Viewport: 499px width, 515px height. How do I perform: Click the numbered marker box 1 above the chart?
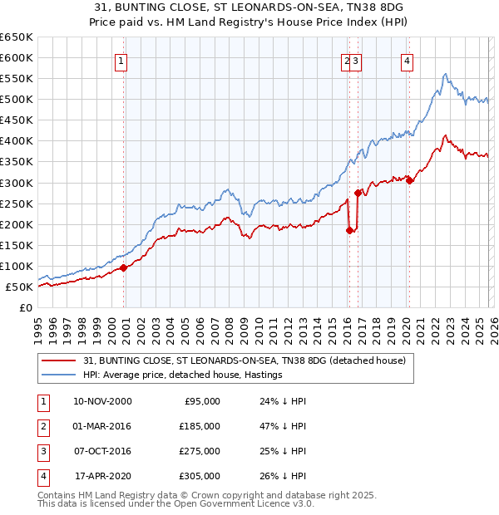pyautogui.click(x=121, y=60)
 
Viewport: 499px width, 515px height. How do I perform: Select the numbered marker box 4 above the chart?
pyautogui.click(x=407, y=60)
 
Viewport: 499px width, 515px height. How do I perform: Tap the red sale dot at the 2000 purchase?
pyautogui.click(x=124, y=267)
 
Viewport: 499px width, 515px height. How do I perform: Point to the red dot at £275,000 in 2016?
pyautogui.click(x=358, y=193)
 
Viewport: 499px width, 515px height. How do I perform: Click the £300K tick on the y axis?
pyautogui.click(x=17, y=183)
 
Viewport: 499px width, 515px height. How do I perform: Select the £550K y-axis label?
pyautogui.click(x=17, y=79)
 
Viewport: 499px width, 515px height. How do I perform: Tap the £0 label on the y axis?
pyautogui.click(x=25, y=307)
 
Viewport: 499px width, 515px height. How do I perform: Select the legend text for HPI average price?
pyautogui.click(x=182, y=375)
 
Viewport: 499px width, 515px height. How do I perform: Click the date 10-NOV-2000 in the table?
pyautogui.click(x=102, y=401)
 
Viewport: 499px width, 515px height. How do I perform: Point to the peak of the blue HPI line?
pyautogui.click(x=446, y=74)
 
